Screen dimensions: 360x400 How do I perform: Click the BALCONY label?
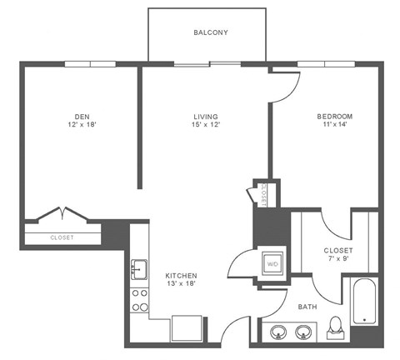[x=211, y=32]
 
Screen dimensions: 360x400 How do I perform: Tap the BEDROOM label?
[x=334, y=116]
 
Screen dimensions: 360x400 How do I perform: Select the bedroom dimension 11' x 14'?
[x=334, y=125]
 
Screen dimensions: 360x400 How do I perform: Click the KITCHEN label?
[x=181, y=276]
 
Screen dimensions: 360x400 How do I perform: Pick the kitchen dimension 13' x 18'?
[x=181, y=285]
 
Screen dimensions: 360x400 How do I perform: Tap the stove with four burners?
[x=138, y=300]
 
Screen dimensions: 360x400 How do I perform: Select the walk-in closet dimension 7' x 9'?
[x=338, y=259]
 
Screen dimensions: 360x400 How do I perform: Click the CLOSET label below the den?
[x=62, y=237]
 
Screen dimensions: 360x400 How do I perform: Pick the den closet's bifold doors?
[x=62, y=213]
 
